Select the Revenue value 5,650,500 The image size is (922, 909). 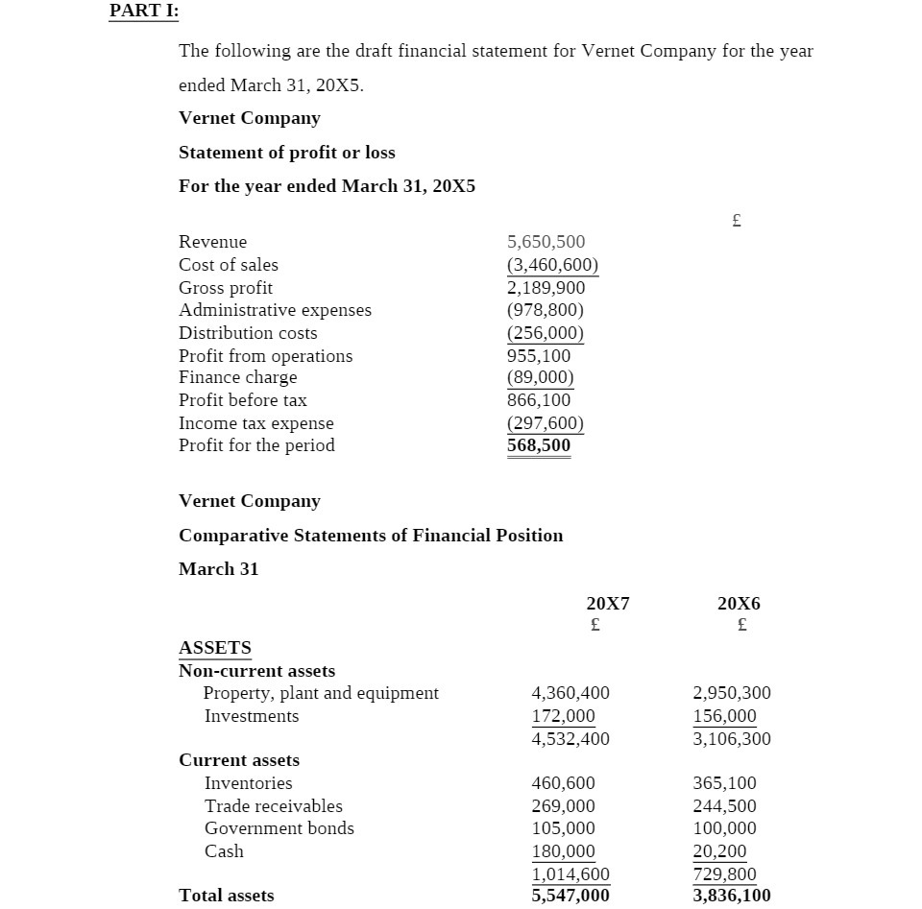click(546, 242)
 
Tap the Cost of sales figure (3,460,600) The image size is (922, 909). click(552, 265)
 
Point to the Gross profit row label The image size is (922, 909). click(226, 288)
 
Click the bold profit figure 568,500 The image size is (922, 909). click(538, 445)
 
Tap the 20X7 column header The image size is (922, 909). click(607, 604)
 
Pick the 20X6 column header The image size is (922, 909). click(739, 604)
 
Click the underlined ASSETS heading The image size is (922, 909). click(215, 648)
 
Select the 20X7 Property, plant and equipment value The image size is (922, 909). click(570, 693)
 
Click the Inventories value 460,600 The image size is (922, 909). click(563, 783)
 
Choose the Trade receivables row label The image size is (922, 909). click(273, 806)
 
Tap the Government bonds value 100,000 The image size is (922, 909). click(724, 828)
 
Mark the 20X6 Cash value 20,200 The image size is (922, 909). click(719, 851)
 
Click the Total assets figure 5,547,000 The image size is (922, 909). click(570, 896)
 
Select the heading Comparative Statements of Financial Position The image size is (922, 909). click(371, 536)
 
